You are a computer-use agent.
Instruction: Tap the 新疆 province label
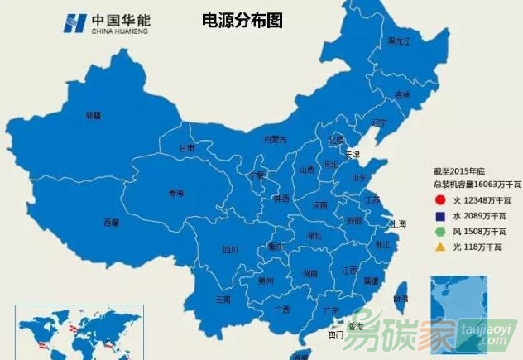point(93,116)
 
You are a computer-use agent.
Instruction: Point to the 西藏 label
point(111,222)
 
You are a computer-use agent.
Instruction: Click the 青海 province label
point(175,192)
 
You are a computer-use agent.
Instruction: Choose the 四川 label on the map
point(230,249)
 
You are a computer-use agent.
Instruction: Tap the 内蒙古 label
point(276,140)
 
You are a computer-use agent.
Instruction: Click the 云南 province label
point(223,299)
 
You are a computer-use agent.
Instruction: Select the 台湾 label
point(400,297)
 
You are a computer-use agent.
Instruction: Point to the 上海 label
point(398,223)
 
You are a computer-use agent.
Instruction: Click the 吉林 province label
point(402,95)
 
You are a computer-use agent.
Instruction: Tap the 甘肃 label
point(187,149)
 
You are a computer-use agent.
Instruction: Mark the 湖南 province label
point(311,272)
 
